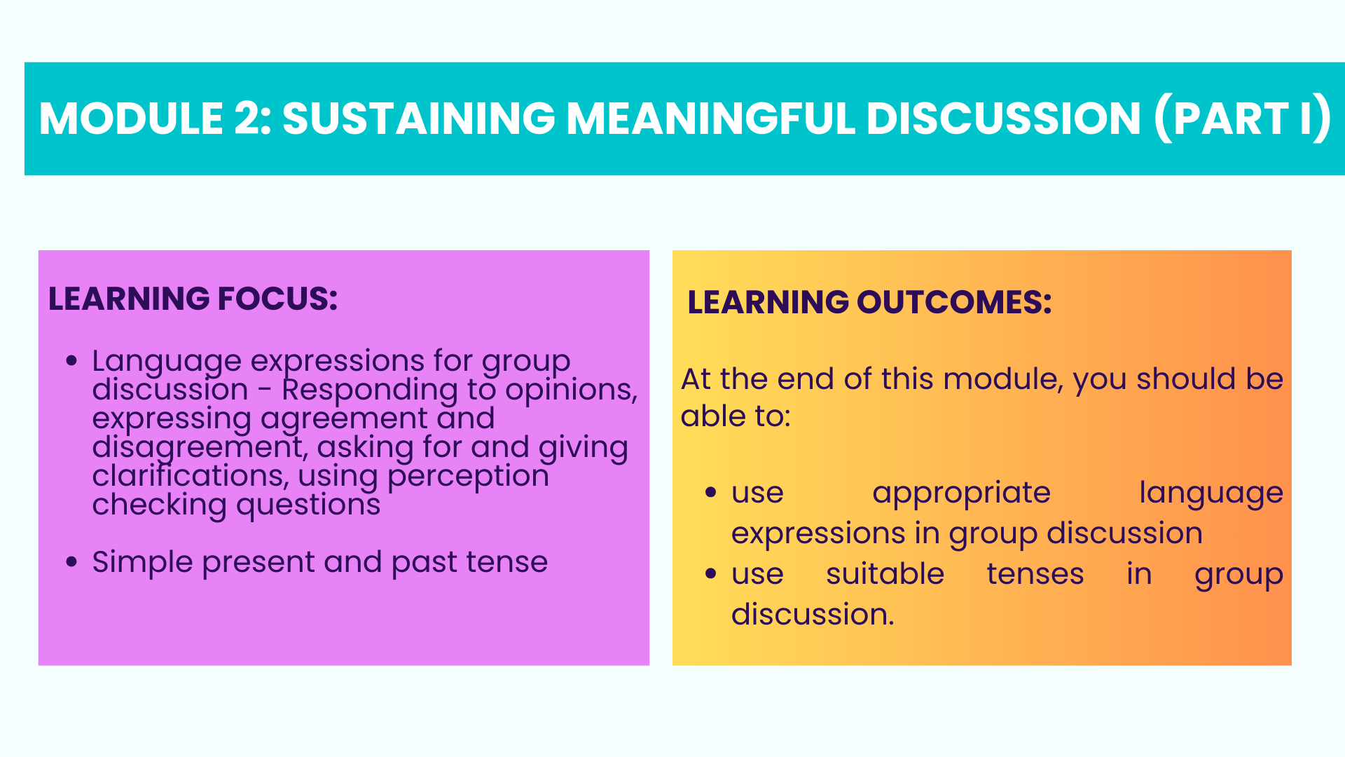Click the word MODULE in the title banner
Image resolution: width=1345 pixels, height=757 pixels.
132,118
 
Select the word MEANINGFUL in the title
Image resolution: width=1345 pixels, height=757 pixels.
711,118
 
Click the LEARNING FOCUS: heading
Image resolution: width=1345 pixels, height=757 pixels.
193,299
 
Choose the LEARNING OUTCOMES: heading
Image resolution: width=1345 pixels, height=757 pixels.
869,302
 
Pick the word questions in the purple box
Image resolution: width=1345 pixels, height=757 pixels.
308,505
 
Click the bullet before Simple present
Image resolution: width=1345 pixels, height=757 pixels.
71,562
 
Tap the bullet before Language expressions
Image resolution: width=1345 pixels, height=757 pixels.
71,361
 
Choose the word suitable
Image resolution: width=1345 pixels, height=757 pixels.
885,574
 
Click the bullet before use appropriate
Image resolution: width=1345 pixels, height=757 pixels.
711,493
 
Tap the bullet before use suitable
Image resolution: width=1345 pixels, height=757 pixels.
711,574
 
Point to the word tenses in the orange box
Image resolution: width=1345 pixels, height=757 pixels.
1035,575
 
